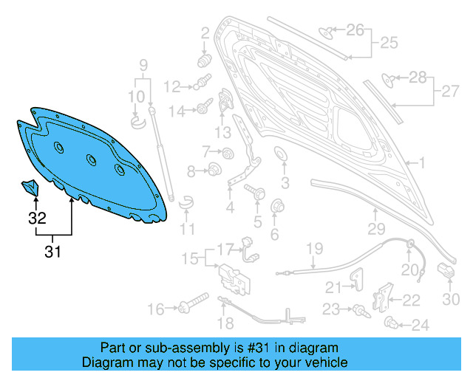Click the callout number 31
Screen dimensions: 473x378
pyautogui.click(x=52, y=252)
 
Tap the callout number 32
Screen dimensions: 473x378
pyautogui.click(x=37, y=218)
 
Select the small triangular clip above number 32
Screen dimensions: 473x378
pyautogui.click(x=30, y=188)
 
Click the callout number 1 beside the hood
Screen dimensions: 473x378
pyautogui.click(x=422, y=162)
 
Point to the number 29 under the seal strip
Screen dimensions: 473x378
pyautogui.click(x=376, y=229)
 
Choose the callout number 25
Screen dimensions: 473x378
pyautogui.click(x=389, y=43)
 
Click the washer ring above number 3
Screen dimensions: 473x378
pyautogui.click(x=281, y=154)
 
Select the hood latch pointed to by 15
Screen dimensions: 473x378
pyautogui.click(x=234, y=280)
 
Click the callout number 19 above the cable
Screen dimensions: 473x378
pyautogui.click(x=315, y=249)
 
